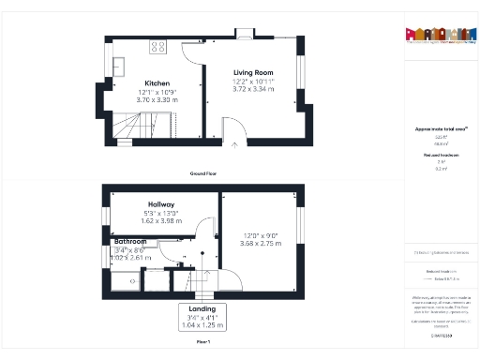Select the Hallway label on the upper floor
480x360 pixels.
[162, 204]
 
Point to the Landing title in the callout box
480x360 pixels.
[202, 308]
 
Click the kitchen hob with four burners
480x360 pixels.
[157, 47]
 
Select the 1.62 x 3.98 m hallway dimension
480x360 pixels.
[162, 221]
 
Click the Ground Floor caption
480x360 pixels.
[202, 174]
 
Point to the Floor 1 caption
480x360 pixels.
[202, 343]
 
